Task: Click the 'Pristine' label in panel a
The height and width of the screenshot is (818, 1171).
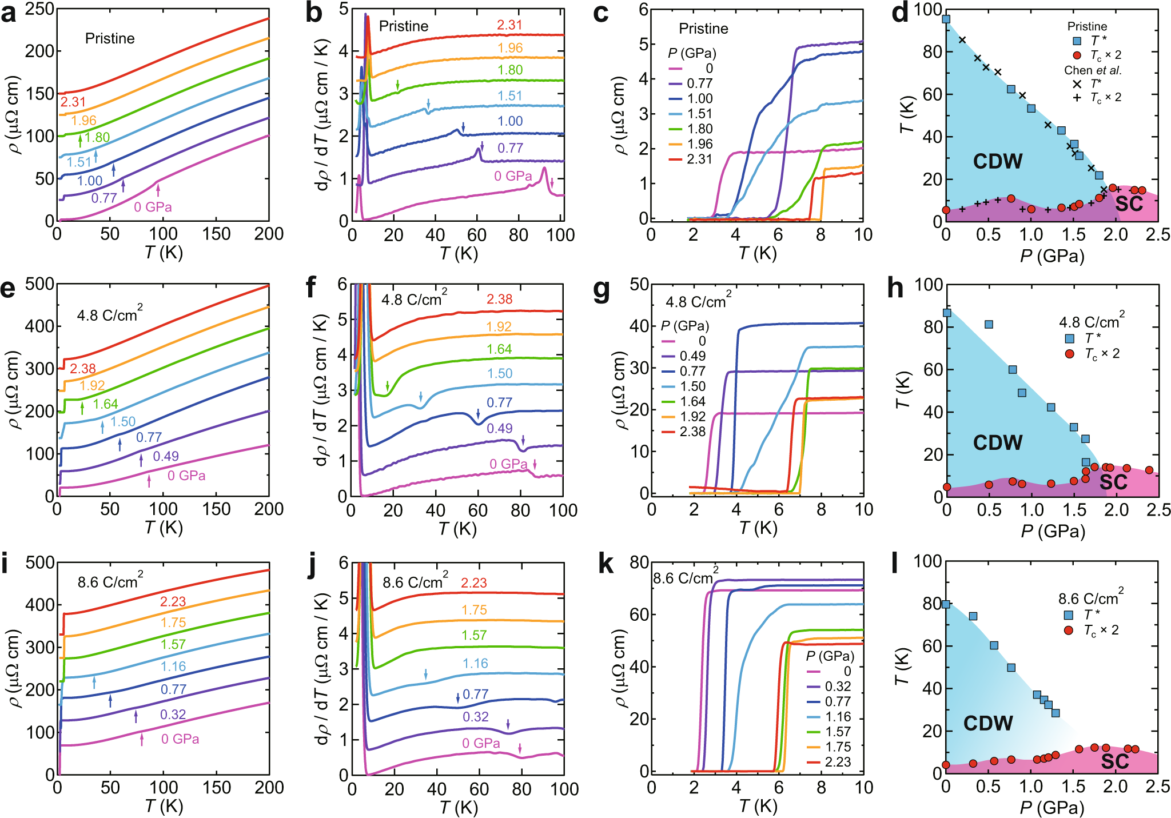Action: [x=110, y=38]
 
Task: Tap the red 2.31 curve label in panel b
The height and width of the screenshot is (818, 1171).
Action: [x=509, y=25]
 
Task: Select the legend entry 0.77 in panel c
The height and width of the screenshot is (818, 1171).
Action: [x=699, y=83]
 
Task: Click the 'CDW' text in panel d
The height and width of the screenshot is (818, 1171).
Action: [x=998, y=161]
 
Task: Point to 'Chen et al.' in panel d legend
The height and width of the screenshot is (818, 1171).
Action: [x=1092, y=70]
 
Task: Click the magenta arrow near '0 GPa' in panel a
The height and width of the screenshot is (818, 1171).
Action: [x=158, y=190]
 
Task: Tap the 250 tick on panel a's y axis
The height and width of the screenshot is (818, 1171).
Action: [x=39, y=9]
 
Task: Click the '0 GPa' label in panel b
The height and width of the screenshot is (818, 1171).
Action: [x=513, y=176]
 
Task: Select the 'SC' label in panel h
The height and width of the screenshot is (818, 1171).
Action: [x=1113, y=482]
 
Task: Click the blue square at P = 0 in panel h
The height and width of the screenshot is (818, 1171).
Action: [x=947, y=313]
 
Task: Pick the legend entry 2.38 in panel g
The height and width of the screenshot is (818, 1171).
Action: [x=692, y=432]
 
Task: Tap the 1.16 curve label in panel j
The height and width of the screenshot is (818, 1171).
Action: [x=475, y=663]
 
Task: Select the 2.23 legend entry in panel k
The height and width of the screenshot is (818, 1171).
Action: [x=837, y=762]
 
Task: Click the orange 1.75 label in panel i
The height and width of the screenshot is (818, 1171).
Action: [x=173, y=623]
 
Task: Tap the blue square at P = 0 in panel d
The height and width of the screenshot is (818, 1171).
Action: [x=946, y=19]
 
